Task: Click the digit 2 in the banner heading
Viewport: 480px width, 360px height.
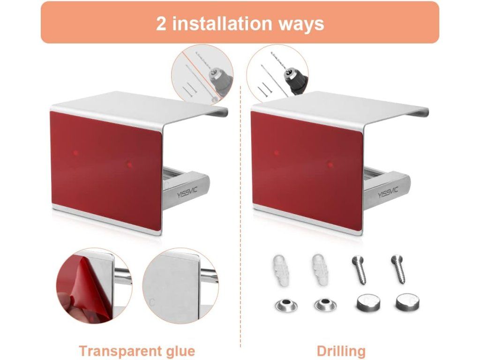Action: (161, 23)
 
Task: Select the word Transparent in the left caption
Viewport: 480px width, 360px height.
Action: (119, 351)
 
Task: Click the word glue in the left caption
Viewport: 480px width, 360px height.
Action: (179, 351)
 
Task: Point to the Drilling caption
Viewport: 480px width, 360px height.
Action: (341, 351)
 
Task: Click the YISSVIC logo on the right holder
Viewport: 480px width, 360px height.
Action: (388, 193)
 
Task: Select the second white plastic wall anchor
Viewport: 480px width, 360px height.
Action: (321, 270)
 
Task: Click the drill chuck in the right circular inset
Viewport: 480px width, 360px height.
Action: (292, 78)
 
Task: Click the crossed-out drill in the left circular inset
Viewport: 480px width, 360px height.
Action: (214, 78)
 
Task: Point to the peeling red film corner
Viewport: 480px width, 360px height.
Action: (80, 280)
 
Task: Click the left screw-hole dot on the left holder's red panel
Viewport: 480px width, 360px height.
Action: (75, 153)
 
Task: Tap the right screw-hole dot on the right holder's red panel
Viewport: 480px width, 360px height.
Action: (330, 165)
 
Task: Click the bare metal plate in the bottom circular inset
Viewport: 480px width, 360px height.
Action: (172, 286)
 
